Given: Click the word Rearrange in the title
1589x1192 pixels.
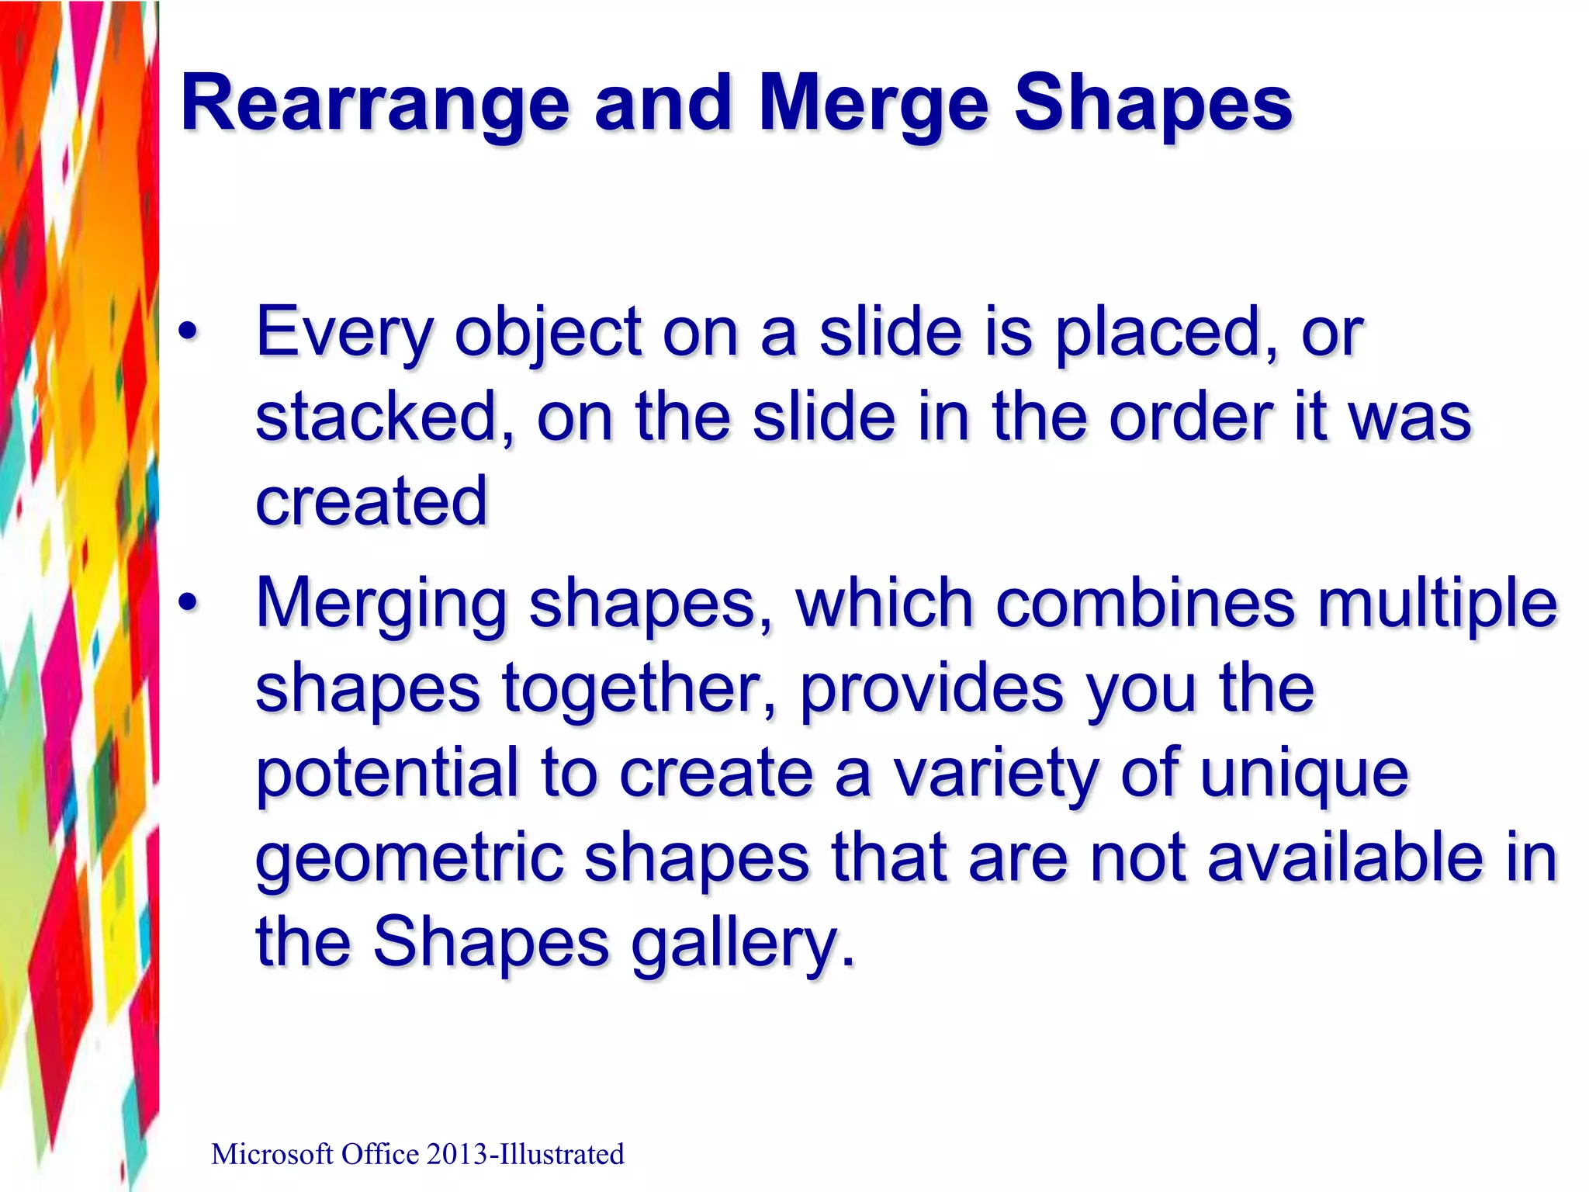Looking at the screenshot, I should click(376, 104).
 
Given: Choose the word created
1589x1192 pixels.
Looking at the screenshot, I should click(371, 501).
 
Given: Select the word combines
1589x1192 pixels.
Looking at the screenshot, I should click(1144, 604).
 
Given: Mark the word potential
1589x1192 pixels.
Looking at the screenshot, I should click(386, 774).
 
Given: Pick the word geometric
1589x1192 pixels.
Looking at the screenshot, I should click(408, 859).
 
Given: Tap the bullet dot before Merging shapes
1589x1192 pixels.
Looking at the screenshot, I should click(187, 604).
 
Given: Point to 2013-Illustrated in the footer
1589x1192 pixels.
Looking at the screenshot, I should click(524, 1155).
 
